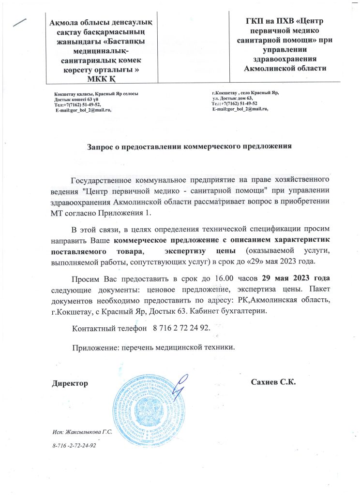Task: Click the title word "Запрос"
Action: [100, 146]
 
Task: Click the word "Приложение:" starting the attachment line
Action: [95, 348]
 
